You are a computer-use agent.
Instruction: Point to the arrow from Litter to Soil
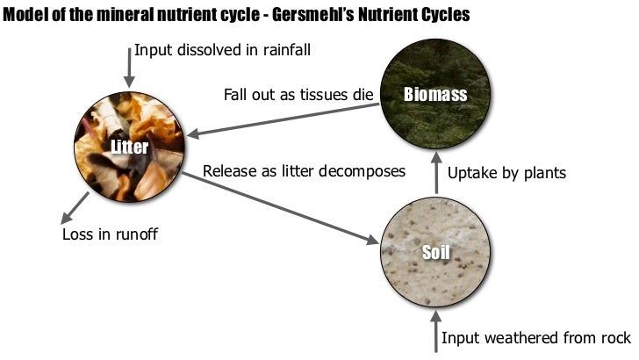281,207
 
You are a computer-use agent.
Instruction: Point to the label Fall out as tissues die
298,95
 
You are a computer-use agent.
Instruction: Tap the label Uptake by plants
506,173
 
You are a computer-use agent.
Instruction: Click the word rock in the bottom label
614,338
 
